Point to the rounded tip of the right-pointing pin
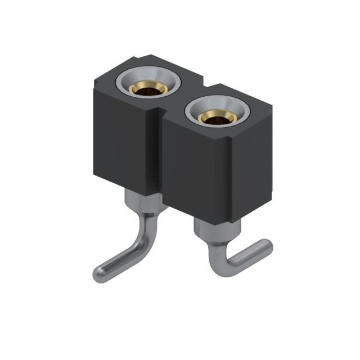click(x=265, y=247)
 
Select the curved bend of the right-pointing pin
click(x=217, y=262)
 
